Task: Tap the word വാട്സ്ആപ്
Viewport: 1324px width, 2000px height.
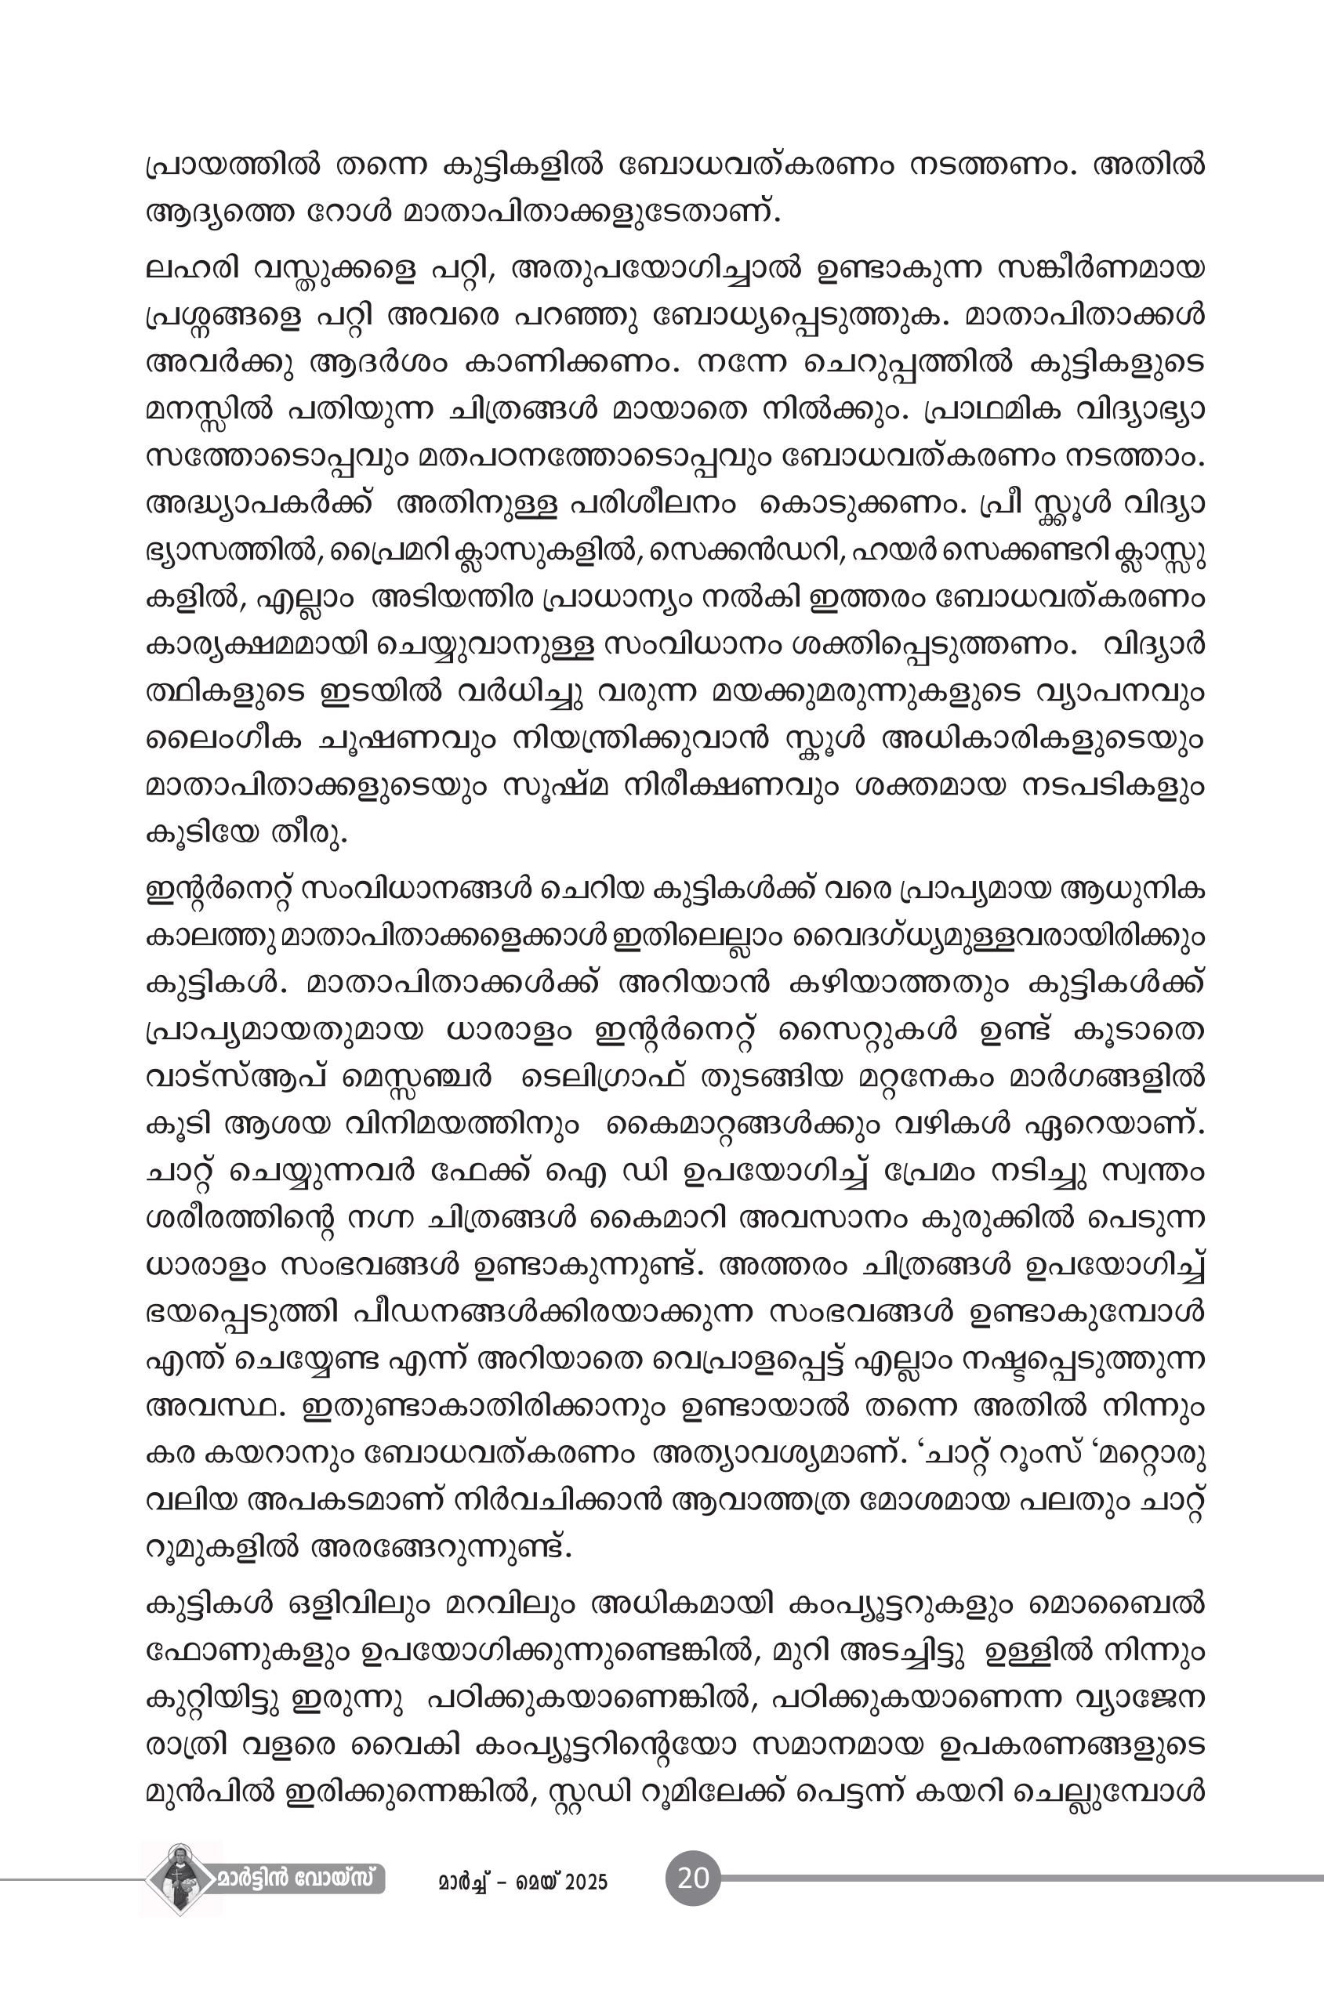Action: [x=228, y=1079]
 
